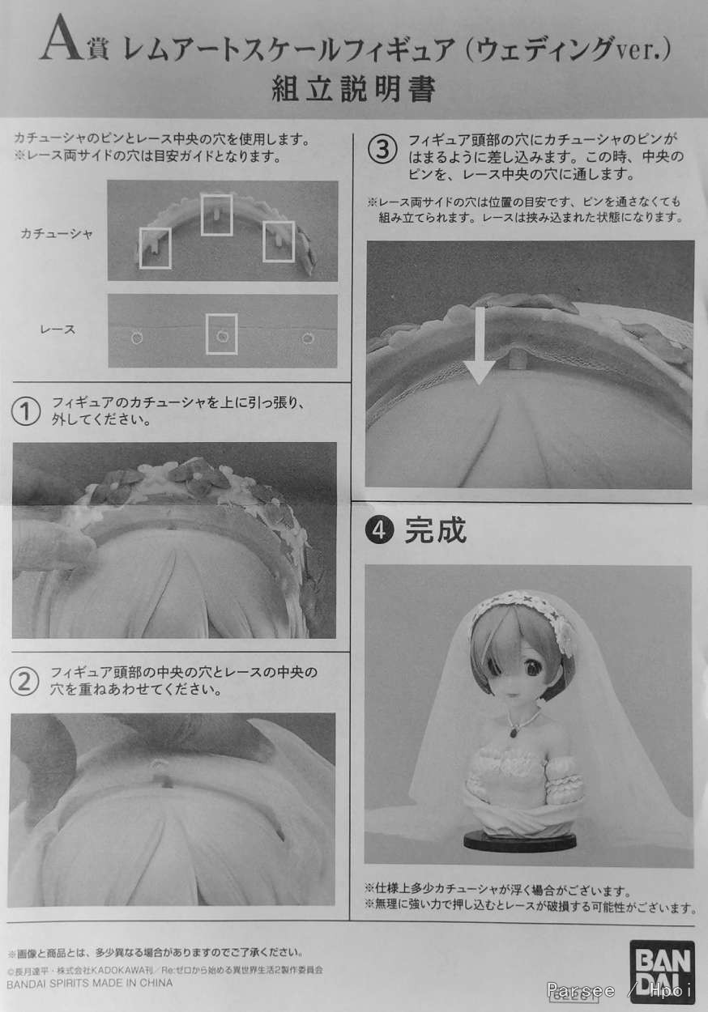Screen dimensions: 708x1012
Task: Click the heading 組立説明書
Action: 353,89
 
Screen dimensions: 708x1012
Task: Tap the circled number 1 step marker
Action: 26,411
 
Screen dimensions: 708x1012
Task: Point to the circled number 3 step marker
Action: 382,150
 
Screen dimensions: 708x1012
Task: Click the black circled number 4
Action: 379,530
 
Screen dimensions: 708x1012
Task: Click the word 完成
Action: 435,530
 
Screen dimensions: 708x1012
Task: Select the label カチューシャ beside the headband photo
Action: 56,234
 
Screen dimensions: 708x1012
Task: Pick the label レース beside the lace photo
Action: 58,329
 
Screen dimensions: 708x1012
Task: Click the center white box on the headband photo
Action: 216,215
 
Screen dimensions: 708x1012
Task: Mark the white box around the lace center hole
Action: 221,334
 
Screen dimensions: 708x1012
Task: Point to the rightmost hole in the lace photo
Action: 308,338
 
